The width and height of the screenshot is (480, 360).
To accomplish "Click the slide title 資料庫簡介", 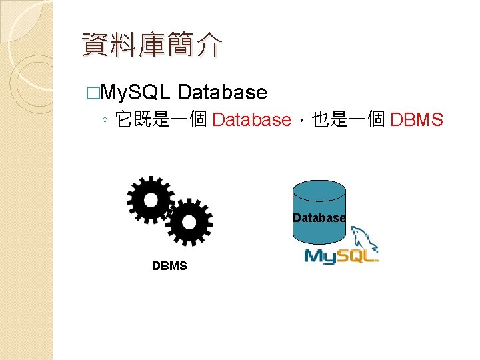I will [x=151, y=46].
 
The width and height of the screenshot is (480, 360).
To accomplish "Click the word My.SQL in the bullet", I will [x=138, y=92].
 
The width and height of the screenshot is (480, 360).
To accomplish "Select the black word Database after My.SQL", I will [x=223, y=92].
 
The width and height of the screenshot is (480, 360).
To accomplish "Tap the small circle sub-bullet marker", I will [x=105, y=121].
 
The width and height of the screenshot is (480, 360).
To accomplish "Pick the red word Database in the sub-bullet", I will [x=251, y=120].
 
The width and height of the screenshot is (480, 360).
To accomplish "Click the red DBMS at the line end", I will [x=417, y=120].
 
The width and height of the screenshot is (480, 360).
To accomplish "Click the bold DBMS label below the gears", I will [x=169, y=266].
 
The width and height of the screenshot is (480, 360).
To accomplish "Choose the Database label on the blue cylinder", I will [x=319, y=218].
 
